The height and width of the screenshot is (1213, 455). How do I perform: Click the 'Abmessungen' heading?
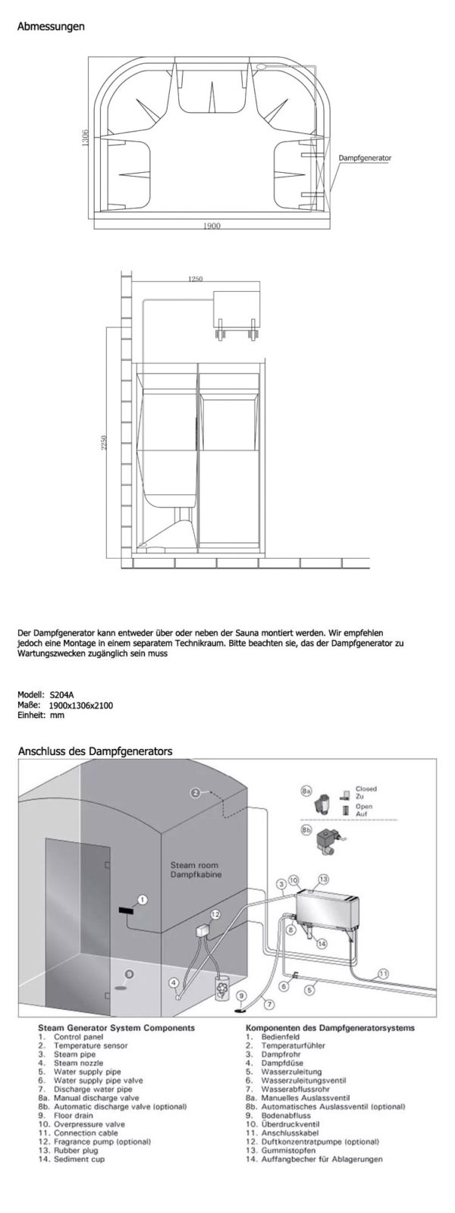(51, 27)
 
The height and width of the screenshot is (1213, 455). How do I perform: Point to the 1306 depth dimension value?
(86, 139)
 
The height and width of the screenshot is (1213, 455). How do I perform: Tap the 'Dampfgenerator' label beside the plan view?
(366, 158)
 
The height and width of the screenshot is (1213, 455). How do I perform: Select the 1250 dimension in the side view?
(195, 279)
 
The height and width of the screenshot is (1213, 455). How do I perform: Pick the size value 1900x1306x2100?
(86, 705)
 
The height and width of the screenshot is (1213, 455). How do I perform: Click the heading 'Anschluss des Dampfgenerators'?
(95, 751)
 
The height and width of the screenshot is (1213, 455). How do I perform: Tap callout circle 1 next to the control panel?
(142, 899)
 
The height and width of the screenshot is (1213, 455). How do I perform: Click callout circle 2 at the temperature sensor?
(195, 793)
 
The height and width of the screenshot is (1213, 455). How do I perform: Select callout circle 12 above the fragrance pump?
(215, 915)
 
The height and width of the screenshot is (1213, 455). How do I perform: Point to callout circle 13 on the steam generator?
(322, 879)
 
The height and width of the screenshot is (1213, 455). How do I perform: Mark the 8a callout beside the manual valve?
(306, 791)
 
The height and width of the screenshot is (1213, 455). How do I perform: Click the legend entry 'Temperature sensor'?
(90, 1046)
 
